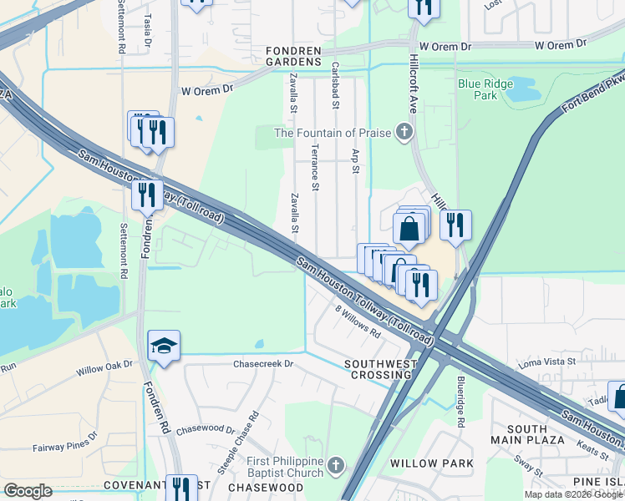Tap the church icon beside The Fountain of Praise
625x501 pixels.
(404, 132)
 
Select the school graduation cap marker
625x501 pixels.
(164, 345)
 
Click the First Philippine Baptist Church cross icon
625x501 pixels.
(335, 463)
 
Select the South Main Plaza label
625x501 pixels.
(526, 434)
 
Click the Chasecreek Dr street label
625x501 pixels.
(263, 364)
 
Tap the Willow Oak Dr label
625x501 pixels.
(104, 367)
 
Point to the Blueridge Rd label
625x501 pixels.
(460, 401)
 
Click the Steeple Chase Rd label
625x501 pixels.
(239, 443)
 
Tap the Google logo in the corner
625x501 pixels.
(28, 491)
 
